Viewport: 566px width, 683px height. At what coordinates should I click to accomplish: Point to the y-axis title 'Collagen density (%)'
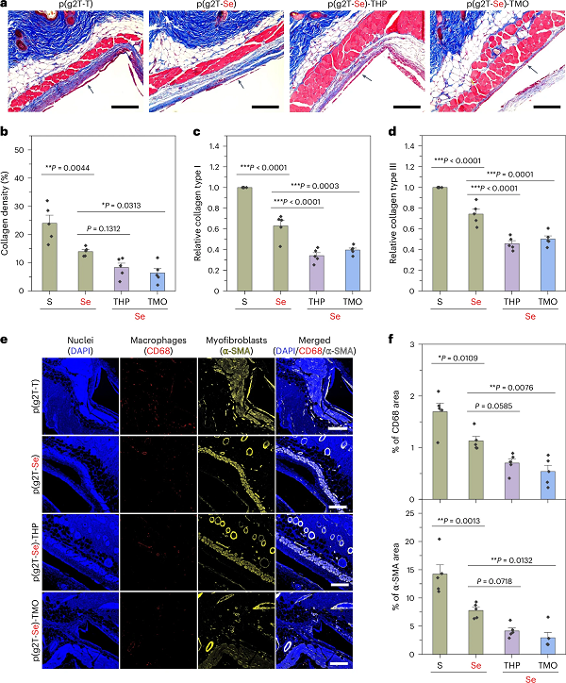pyautogui.click(x=10, y=217)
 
